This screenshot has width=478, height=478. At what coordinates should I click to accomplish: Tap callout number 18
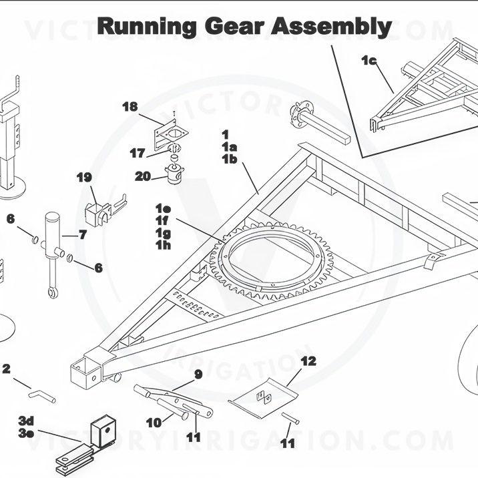[x=130, y=107]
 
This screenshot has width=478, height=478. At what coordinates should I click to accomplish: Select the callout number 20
[x=142, y=176]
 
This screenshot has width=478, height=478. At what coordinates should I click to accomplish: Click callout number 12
[x=308, y=361]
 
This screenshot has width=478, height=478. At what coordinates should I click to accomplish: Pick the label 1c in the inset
[x=369, y=61]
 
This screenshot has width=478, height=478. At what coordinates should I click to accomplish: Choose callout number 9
[x=198, y=375]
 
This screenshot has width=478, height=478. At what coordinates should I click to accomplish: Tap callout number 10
[x=153, y=423]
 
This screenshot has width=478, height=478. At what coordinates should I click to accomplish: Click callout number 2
[x=7, y=369]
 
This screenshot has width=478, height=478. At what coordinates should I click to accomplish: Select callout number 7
[x=83, y=234]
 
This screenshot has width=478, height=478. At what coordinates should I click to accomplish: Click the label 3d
[x=26, y=421]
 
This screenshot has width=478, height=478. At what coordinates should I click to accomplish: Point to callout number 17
[x=138, y=154]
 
